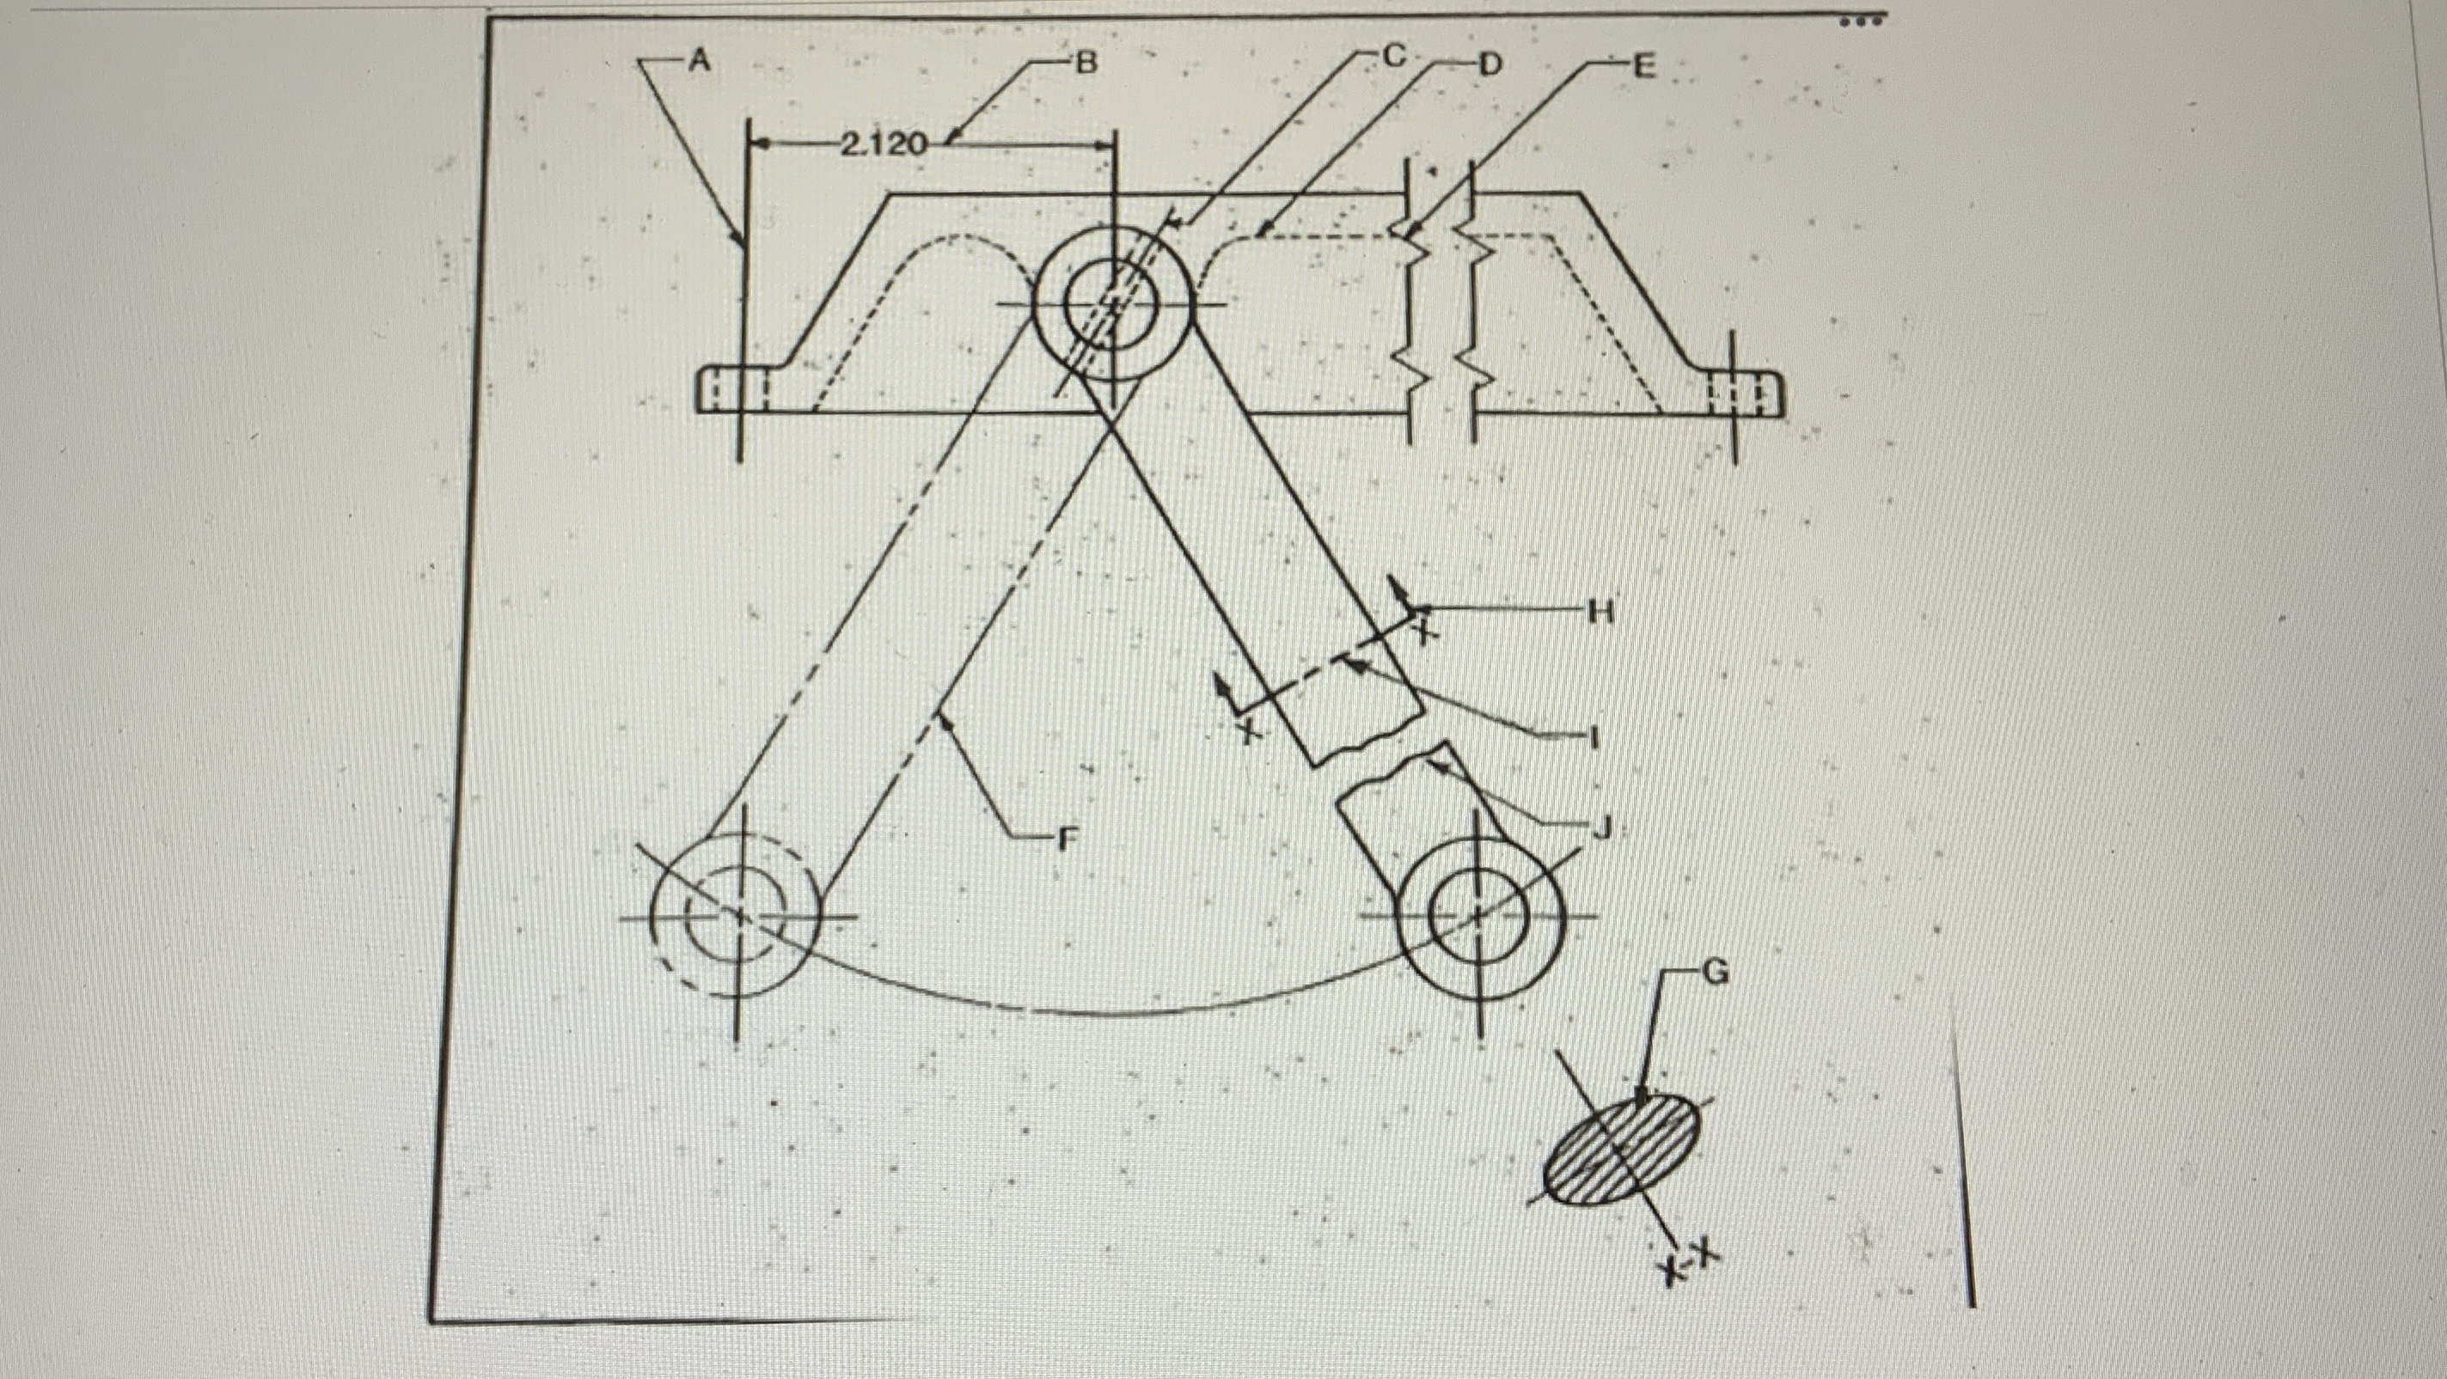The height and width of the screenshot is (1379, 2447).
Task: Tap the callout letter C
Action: pos(1393,57)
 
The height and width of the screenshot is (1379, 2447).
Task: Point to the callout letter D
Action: pos(1489,64)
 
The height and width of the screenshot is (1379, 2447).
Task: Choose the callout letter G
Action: pos(1716,973)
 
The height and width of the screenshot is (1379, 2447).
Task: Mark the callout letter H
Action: pos(1601,613)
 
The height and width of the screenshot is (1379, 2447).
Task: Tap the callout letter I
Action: pos(1595,736)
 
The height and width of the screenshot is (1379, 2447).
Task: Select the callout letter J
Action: pos(1601,828)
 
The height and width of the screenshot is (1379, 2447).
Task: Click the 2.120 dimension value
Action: pos(884,144)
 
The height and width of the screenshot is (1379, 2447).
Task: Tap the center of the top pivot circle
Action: pos(1112,303)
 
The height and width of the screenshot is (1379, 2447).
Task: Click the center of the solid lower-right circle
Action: pos(1479,918)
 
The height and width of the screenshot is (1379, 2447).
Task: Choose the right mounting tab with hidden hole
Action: pos(1740,394)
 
